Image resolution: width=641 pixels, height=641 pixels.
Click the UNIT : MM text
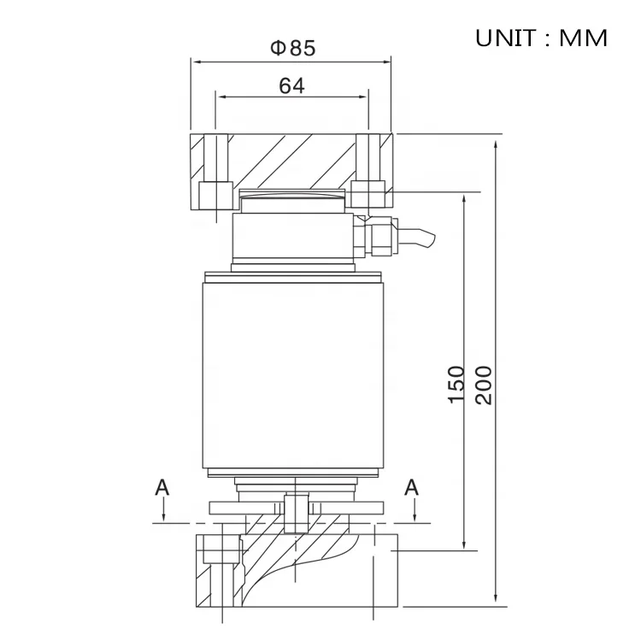click(541, 38)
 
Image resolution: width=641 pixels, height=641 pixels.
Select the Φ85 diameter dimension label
click(292, 48)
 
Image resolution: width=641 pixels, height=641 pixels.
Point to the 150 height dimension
click(456, 384)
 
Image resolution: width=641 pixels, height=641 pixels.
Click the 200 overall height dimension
click(484, 384)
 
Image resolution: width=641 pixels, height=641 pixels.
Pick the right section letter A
click(412, 487)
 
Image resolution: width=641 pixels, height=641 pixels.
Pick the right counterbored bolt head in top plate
click(369, 194)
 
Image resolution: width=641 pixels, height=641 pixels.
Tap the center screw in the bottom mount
click(294, 511)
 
